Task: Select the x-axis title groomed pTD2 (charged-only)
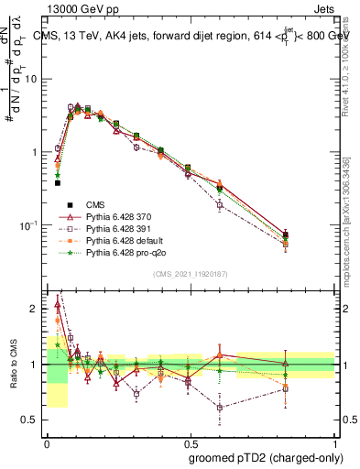(262, 457)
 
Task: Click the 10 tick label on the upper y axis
(31, 79)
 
